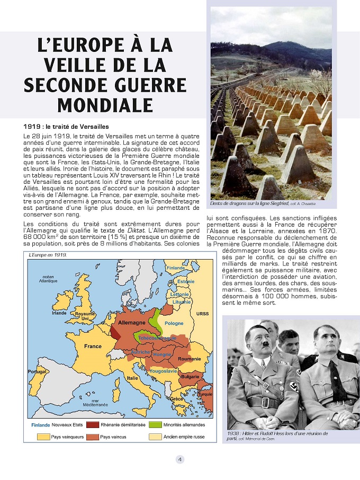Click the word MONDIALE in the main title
[105, 104]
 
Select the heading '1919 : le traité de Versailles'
[66, 127]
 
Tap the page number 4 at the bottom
[180, 459]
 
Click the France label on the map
[93, 346]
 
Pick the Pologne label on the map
[174, 323]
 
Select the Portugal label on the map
[37, 372]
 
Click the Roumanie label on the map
[189, 359]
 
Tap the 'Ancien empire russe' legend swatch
[155, 437]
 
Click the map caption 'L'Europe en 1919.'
[46, 255]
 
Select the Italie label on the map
[132, 378]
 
